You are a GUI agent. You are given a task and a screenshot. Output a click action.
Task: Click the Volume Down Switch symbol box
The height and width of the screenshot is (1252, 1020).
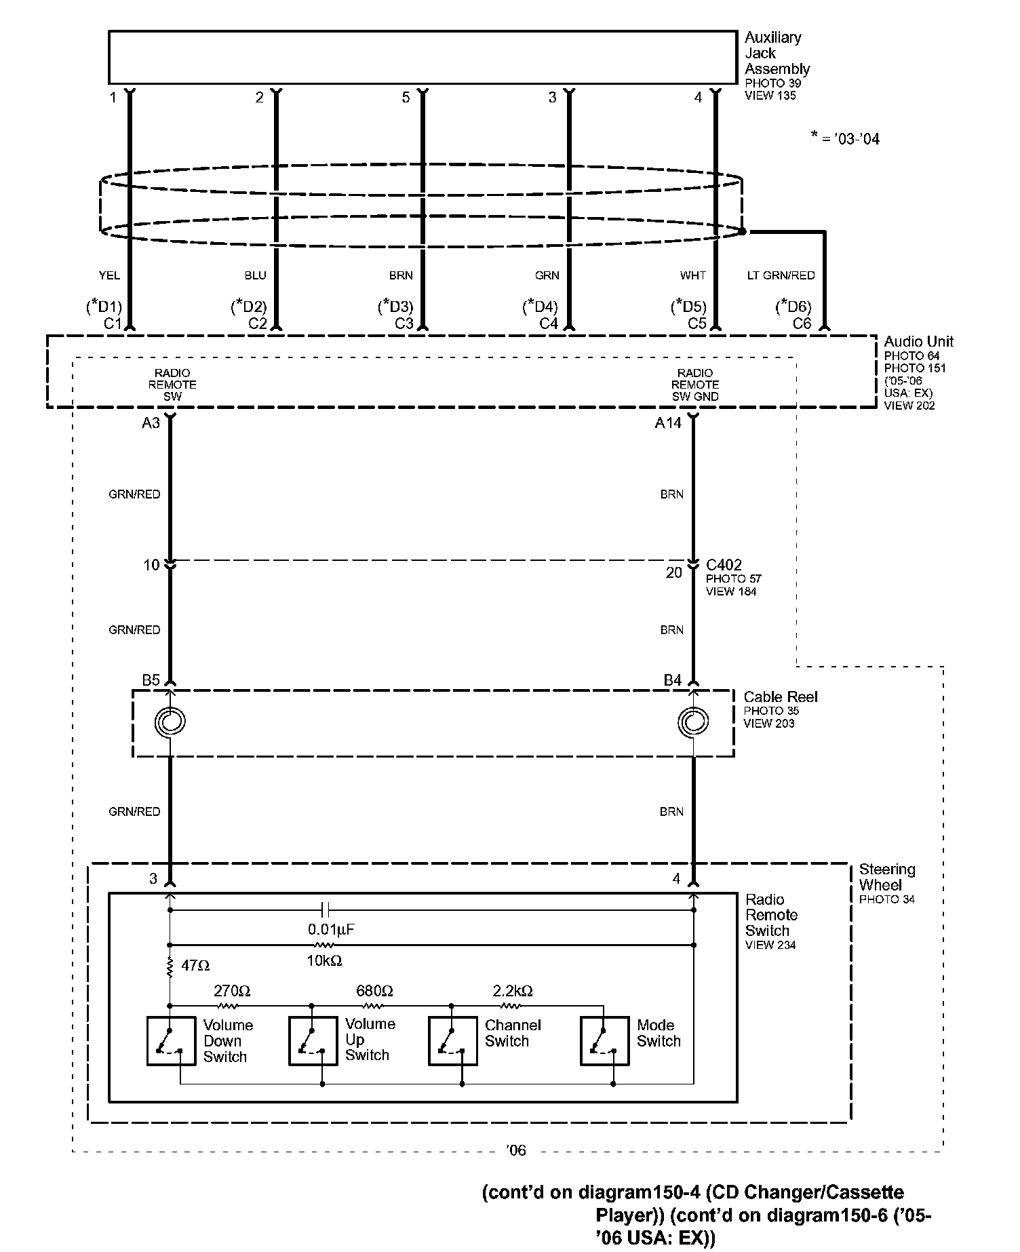point(172,1040)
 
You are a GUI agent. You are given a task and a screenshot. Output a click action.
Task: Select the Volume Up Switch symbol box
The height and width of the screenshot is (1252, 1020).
point(313,1040)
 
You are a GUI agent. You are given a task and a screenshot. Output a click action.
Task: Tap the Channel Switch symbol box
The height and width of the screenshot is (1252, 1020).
point(453,1040)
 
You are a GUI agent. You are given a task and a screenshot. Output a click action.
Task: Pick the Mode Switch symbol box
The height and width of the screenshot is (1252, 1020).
point(605,1040)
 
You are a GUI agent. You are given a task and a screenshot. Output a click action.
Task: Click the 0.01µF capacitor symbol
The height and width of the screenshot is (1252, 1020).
point(326,909)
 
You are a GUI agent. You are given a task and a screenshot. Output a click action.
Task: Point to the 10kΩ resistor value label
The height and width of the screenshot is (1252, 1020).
point(325,960)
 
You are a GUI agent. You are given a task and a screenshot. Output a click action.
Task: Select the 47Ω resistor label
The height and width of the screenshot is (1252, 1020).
point(195,964)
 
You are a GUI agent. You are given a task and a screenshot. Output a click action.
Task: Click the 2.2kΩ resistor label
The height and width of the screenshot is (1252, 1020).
point(513,991)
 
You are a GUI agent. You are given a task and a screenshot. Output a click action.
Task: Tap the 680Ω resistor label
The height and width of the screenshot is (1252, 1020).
point(374,991)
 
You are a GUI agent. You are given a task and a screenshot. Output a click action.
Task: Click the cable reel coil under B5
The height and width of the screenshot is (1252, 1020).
point(170,722)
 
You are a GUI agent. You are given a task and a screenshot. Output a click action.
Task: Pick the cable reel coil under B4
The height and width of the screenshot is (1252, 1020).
point(693,722)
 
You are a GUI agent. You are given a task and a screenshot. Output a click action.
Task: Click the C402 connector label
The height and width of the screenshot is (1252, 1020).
point(724,565)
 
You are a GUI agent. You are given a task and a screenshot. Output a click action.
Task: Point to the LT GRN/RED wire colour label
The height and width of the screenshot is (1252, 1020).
point(781,275)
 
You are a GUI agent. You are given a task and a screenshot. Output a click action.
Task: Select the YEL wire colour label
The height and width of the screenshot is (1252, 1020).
point(109,275)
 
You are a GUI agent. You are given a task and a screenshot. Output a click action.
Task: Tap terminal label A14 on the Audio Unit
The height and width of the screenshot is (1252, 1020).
point(668,423)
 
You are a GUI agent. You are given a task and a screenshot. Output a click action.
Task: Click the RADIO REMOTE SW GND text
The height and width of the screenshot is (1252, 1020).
point(695,385)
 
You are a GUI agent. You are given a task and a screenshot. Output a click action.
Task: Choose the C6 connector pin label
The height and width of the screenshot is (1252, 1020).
point(802,324)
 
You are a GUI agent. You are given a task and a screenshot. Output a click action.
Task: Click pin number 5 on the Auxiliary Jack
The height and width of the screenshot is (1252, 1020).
point(406,98)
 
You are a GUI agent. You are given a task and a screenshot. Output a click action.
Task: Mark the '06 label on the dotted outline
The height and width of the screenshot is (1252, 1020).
point(516,1150)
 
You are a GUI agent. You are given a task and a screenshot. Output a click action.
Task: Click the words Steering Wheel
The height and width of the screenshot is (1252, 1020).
point(886,877)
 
